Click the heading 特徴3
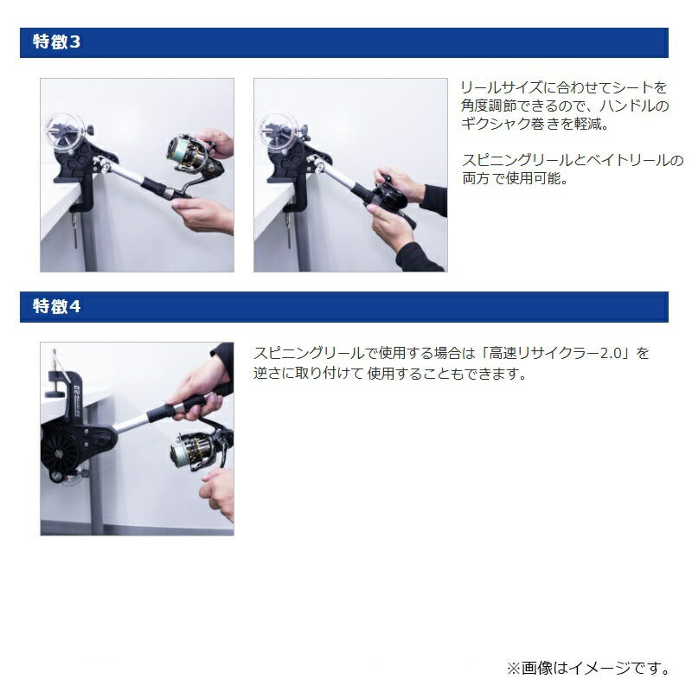pos(56,42)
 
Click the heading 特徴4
pos(56,306)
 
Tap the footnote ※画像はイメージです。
pos(589,668)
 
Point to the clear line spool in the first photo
pos(65,131)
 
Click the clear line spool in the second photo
pos(279,131)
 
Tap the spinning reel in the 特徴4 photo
pos(199,449)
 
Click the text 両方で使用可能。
pos(515,178)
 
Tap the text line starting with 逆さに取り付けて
pos(390,374)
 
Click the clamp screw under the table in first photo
pos(75,228)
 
